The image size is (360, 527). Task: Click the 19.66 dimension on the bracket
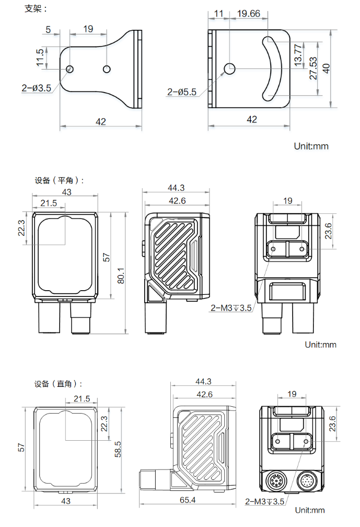[x=248, y=14]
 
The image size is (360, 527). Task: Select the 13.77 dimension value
[x=298, y=54]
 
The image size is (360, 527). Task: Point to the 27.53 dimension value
[x=313, y=68]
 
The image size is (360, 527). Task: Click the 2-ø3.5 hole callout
[x=36, y=88]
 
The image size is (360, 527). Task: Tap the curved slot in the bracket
[x=272, y=68]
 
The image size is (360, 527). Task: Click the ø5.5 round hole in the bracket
[x=229, y=68]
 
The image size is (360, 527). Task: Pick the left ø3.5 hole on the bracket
[x=70, y=69]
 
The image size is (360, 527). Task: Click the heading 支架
[x=36, y=9]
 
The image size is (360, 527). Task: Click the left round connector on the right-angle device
[x=275, y=481]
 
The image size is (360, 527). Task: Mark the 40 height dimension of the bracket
[x=326, y=68]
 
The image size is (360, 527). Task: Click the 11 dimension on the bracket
[x=219, y=14]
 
